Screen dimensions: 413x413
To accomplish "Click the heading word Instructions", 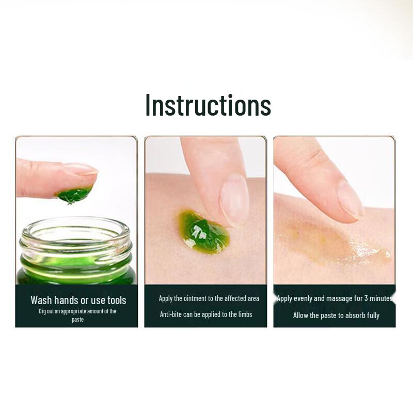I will [208, 105].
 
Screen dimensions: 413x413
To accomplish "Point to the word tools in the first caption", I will [117, 300].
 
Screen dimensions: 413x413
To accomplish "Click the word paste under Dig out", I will [77, 320].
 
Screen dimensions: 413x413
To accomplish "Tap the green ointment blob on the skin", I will [203, 232].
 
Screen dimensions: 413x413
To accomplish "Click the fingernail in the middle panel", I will [234, 199].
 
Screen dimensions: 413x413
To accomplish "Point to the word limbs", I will [244, 314].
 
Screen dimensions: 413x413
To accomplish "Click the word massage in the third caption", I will [338, 298].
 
